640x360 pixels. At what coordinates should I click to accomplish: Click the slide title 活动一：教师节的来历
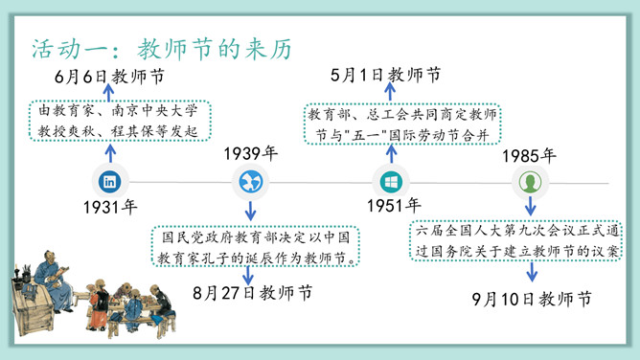[x=161, y=48]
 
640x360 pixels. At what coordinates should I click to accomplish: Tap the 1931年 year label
[x=109, y=206]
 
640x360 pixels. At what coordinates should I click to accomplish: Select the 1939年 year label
[x=251, y=154]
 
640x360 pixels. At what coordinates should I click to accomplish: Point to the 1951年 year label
[x=393, y=205]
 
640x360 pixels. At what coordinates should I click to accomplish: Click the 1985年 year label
[x=528, y=155]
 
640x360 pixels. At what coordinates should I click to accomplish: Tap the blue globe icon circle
[x=252, y=181]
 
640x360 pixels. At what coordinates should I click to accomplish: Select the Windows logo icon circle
[x=392, y=181]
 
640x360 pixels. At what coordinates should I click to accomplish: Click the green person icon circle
[x=528, y=181]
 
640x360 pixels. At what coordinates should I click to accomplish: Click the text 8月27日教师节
[x=251, y=291]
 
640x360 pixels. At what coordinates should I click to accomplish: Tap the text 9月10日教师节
[x=531, y=300]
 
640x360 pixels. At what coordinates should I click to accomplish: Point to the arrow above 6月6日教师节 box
[x=108, y=93]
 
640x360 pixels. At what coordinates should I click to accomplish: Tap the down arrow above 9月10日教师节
[x=531, y=273]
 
